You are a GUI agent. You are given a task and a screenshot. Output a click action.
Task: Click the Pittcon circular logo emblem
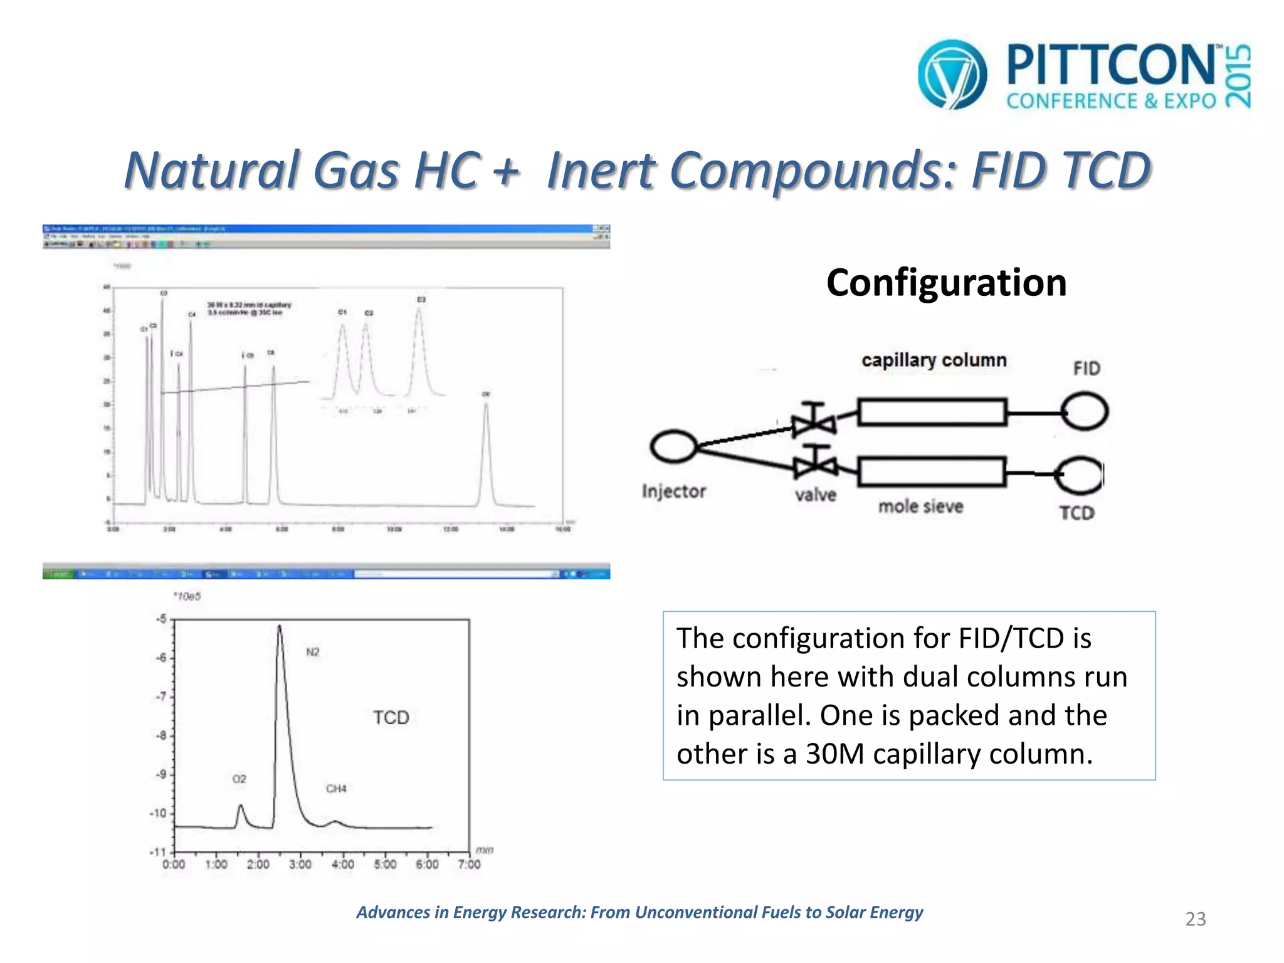coord(952,74)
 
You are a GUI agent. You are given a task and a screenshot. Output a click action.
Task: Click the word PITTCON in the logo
coord(1110,65)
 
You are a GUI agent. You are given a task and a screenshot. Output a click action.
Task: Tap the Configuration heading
coord(946,283)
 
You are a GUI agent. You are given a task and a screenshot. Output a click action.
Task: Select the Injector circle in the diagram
coord(673,446)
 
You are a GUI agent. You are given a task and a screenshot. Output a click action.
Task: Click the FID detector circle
coord(1085,411)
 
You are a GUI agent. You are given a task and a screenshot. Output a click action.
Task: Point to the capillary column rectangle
coord(932,412)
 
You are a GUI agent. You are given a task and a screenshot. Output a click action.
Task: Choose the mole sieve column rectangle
coord(932,472)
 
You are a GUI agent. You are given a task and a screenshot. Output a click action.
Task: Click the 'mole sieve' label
coord(920,507)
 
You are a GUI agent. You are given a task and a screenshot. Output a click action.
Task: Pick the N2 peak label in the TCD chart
coord(312,652)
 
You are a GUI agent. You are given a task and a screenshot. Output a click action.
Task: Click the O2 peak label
coord(239,779)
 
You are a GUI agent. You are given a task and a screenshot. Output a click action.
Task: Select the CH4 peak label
coord(336,789)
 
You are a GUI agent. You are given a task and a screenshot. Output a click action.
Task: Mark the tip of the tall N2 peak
coord(280,626)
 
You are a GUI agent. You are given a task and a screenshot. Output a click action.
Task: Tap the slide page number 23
coord(1195,919)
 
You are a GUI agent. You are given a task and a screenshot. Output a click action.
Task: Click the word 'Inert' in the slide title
coord(601,171)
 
